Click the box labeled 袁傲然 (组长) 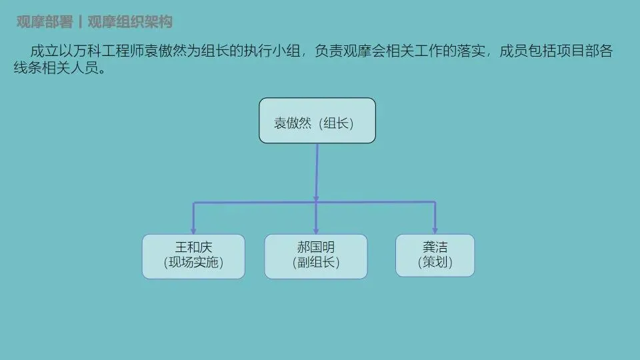(x=317, y=120)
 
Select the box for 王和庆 (x=193, y=256)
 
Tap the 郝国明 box (x=315, y=256)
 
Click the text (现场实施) (x=193, y=263)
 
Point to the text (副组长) (x=315, y=263)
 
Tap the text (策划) (x=435, y=263)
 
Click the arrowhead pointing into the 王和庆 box (x=193, y=230)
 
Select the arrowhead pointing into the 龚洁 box (x=435, y=230)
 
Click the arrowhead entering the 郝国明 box (x=316, y=230)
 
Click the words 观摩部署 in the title (x=44, y=22)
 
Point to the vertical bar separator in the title (x=80, y=22)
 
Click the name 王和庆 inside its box (x=193, y=248)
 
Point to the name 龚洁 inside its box (x=435, y=248)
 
